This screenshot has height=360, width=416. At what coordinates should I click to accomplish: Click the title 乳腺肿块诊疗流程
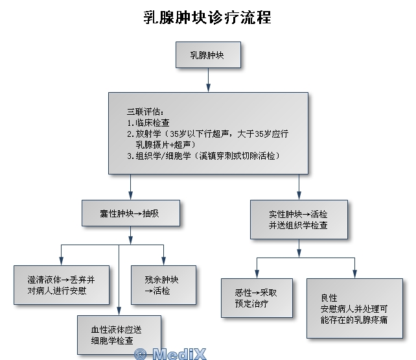click(x=207, y=18)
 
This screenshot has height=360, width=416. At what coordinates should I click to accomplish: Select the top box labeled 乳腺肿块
click(x=208, y=54)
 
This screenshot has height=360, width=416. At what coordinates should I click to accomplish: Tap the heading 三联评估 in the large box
click(x=145, y=112)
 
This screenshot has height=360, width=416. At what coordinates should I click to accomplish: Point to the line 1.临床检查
click(x=148, y=123)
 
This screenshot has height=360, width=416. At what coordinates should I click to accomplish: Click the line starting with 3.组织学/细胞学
click(x=203, y=156)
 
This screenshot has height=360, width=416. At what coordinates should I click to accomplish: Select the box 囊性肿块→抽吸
click(x=131, y=213)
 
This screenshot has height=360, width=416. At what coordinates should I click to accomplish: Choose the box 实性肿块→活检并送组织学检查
click(x=299, y=219)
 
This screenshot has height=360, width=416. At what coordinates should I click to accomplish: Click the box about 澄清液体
click(x=62, y=285)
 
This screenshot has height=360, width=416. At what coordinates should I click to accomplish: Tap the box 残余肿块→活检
click(x=164, y=285)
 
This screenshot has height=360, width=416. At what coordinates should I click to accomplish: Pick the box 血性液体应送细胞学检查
click(x=119, y=335)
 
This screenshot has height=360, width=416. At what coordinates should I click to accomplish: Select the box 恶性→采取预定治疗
click(x=257, y=298)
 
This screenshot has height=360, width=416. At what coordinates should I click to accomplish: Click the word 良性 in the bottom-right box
click(x=329, y=298)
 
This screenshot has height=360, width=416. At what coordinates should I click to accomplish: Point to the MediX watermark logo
click(x=170, y=354)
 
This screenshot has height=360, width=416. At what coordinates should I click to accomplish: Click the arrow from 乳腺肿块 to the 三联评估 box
click(x=208, y=80)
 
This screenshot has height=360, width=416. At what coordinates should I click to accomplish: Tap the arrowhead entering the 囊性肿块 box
click(x=130, y=195)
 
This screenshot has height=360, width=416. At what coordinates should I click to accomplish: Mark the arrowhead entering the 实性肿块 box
click(x=299, y=195)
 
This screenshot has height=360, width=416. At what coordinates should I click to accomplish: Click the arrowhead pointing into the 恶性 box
click(x=257, y=274)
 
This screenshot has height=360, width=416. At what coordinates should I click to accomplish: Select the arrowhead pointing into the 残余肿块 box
click(x=164, y=261)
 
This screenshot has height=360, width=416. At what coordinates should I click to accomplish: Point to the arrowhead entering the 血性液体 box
click(x=119, y=311)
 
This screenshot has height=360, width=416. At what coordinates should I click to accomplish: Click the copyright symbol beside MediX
click(x=141, y=354)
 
